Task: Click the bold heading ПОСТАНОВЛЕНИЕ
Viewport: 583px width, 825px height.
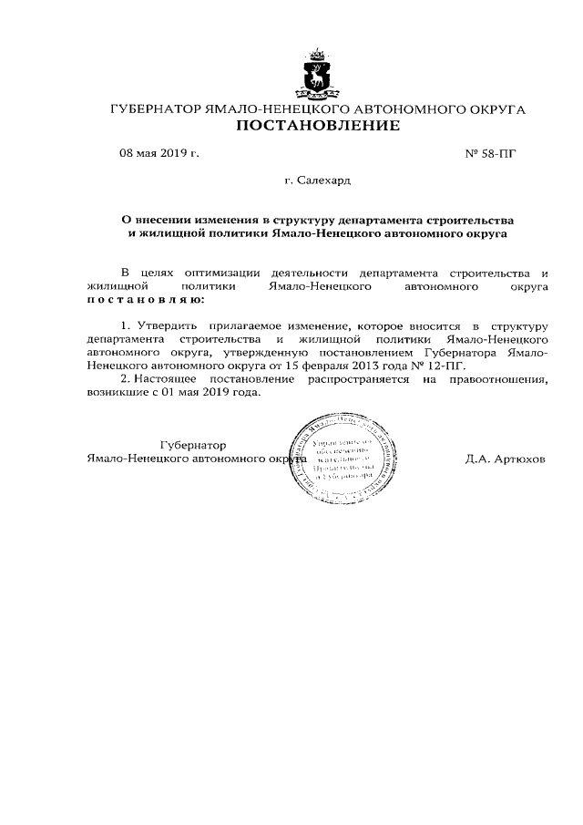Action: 318,127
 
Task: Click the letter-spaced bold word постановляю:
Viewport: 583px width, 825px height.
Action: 146,299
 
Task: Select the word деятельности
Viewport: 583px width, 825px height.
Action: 311,273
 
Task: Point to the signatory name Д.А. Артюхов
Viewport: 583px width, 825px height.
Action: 504,459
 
